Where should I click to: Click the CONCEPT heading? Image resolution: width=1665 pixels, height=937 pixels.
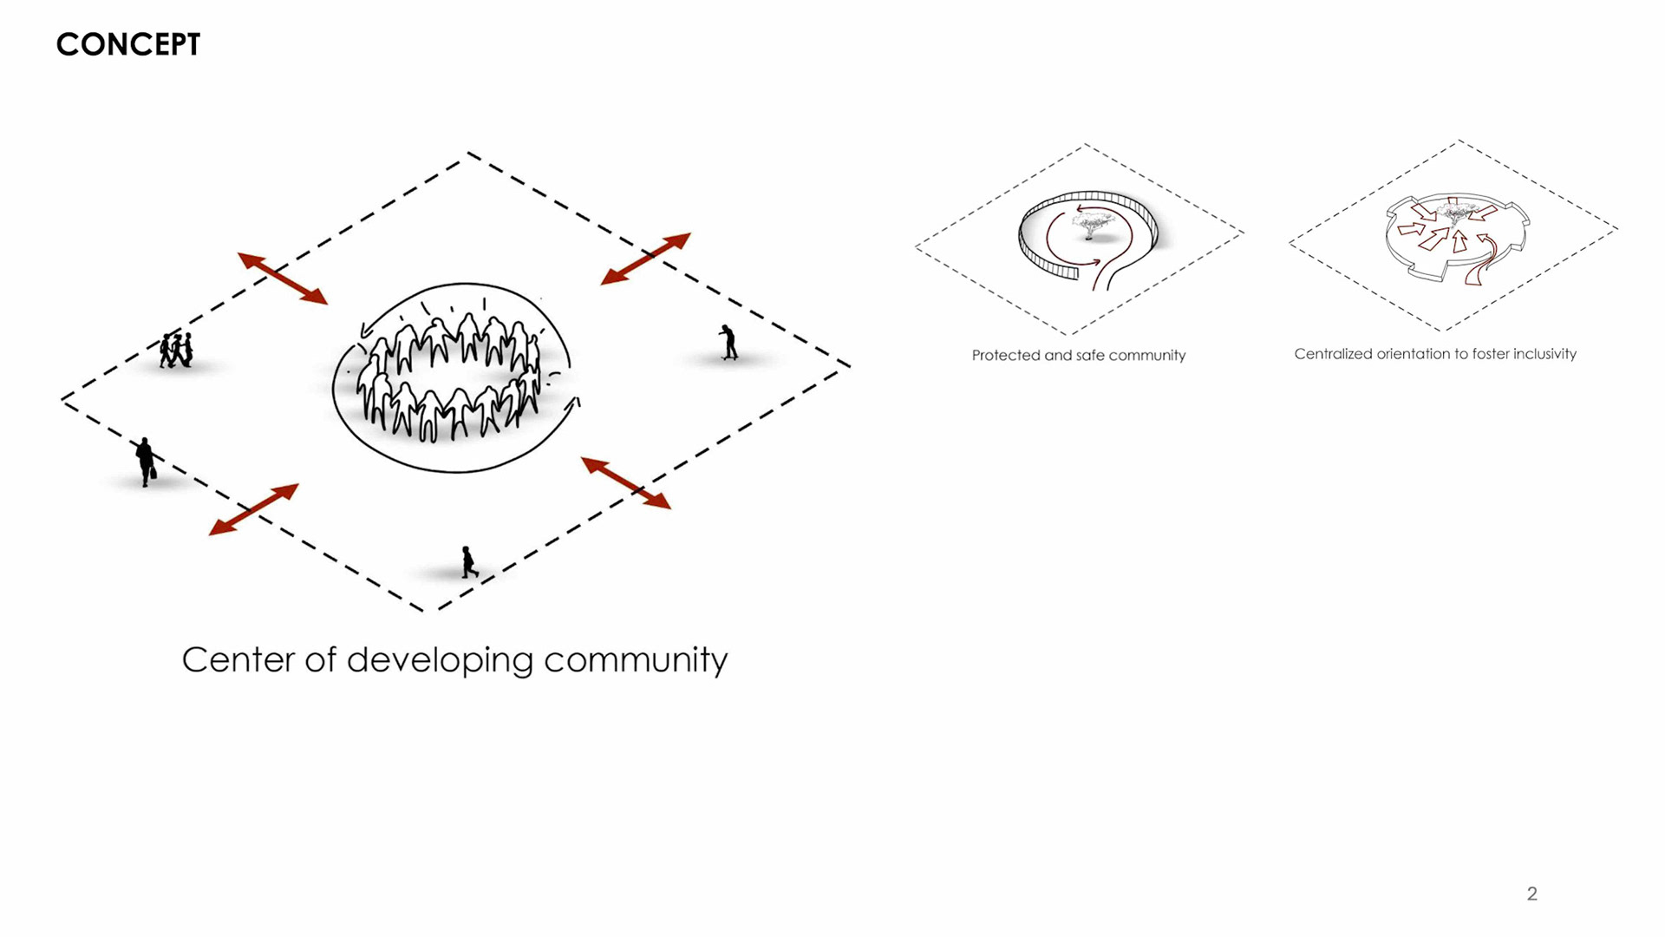pyautogui.click(x=128, y=44)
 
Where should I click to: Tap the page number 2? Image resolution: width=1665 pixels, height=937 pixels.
pyautogui.click(x=1531, y=894)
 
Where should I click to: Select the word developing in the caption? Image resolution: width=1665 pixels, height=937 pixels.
pyautogui.click(x=440, y=661)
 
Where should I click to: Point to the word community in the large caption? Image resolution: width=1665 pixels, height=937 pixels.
pyautogui.click(x=636, y=661)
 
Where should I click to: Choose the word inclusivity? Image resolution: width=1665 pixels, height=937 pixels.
pyautogui.click(x=1544, y=354)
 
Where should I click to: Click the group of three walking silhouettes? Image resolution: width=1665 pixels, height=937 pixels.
pyautogui.click(x=176, y=350)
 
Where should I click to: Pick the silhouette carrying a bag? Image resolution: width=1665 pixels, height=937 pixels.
pyautogui.click(x=146, y=462)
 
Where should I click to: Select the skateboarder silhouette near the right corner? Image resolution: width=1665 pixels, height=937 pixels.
pyautogui.click(x=728, y=343)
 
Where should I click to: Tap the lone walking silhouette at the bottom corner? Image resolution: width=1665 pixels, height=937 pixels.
pyautogui.click(x=469, y=562)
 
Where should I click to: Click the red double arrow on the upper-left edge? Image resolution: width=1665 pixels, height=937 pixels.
pyautogui.click(x=283, y=278)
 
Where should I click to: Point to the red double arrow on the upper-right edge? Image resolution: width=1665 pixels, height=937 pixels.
pyautogui.click(x=646, y=259)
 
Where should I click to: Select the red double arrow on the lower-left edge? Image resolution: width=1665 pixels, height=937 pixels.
pyautogui.click(x=254, y=509)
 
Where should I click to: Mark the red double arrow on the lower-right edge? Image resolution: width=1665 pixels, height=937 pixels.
pyautogui.click(x=626, y=482)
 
